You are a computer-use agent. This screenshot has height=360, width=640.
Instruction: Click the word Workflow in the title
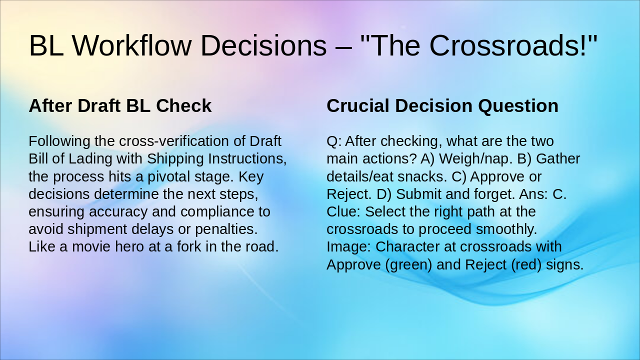(131, 45)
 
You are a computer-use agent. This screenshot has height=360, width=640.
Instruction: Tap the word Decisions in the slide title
(263, 45)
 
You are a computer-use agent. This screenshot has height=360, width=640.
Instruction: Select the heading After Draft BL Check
(120, 105)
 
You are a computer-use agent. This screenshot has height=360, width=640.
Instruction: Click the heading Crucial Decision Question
(442, 105)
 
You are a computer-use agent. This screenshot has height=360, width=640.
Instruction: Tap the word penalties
(226, 229)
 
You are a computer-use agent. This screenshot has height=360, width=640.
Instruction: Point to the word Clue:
(343, 211)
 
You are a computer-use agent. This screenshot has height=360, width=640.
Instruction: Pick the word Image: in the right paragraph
(348, 247)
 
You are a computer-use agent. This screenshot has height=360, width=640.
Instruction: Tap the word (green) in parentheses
(408, 265)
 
